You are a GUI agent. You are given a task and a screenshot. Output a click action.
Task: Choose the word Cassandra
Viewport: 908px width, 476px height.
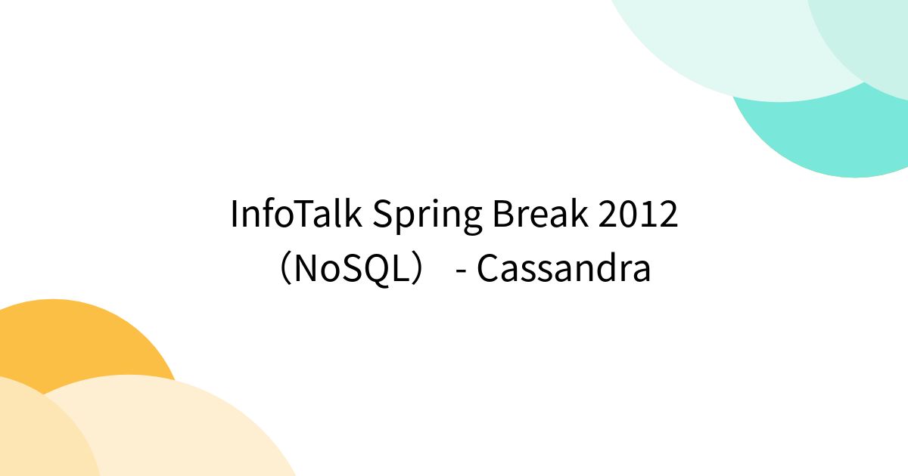[564, 268]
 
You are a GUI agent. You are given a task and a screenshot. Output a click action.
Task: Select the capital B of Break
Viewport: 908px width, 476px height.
[502, 215]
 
